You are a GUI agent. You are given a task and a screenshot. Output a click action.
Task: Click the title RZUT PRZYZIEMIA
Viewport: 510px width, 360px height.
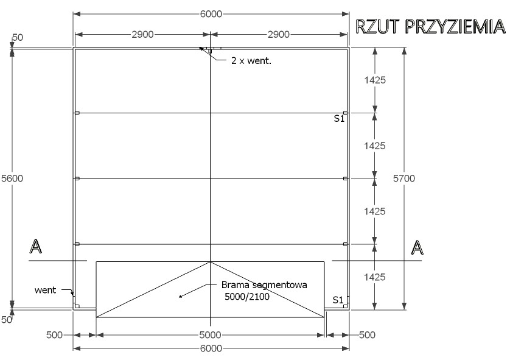point(430,27)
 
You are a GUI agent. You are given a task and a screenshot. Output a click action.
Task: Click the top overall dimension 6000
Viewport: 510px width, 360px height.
point(211,13)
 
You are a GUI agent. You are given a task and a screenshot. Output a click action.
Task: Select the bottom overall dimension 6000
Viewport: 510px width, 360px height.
point(211,348)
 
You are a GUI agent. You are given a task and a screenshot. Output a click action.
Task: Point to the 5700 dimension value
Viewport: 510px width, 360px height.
point(417,178)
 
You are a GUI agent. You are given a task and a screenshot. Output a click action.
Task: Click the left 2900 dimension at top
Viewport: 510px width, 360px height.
point(142,35)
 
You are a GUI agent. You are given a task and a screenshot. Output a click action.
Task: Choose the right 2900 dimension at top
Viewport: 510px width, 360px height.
point(279,35)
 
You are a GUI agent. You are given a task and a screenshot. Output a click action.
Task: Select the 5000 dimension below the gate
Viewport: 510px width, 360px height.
point(211,334)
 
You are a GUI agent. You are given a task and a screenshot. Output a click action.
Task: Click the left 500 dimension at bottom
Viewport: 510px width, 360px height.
point(54,334)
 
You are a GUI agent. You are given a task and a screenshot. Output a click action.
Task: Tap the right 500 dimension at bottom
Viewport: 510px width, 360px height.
point(367,334)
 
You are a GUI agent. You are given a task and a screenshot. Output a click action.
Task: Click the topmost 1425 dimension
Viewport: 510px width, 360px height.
point(375,80)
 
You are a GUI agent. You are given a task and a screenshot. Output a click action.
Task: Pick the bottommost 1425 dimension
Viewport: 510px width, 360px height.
point(375,277)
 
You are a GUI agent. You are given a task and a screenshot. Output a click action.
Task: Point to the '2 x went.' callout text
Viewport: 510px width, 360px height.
point(251,61)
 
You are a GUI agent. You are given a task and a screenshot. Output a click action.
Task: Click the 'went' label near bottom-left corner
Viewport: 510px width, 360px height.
point(44,290)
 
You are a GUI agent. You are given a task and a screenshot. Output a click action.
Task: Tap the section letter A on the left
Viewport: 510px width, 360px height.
point(36,247)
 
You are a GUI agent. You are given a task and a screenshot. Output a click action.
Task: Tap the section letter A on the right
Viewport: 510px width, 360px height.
point(417,247)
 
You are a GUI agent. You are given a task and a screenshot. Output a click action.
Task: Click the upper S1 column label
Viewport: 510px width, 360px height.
point(339,119)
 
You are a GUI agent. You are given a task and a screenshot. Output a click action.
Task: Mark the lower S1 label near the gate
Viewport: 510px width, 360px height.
point(338,300)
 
